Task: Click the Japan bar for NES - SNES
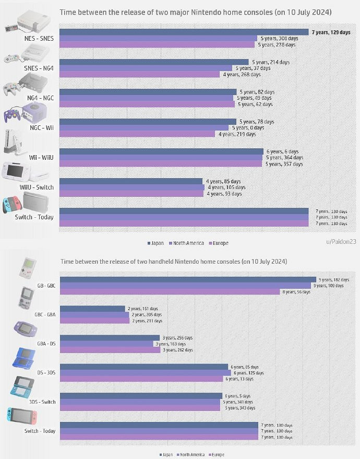pyautogui.click(x=183, y=32)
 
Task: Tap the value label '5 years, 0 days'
pyautogui.click(x=248, y=128)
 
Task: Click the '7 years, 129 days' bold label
pyautogui.click(x=331, y=32)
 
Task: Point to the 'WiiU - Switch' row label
pyautogui.click(x=37, y=187)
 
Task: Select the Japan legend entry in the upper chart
pyautogui.click(x=157, y=243)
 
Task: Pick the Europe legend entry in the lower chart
pyautogui.click(x=217, y=455)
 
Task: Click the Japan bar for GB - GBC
pyautogui.click(x=188, y=280)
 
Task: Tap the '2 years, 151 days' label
pyautogui.click(x=142, y=309)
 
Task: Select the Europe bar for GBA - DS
pyautogui.click(x=110, y=350)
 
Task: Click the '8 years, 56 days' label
pyautogui.click(x=296, y=292)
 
